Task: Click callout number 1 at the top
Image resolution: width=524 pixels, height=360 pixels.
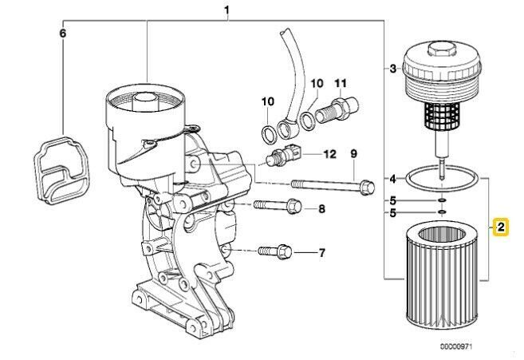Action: tap(227, 10)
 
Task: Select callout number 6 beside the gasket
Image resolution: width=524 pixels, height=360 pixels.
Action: tap(63, 34)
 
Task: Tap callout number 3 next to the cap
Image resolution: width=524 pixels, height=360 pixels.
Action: tap(392, 69)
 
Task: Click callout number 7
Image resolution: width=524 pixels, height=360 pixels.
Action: tap(322, 254)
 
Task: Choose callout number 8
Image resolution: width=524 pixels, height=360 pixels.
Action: tap(322, 209)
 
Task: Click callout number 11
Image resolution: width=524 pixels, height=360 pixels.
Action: tap(341, 82)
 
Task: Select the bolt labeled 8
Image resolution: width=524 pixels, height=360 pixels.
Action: tap(276, 208)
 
